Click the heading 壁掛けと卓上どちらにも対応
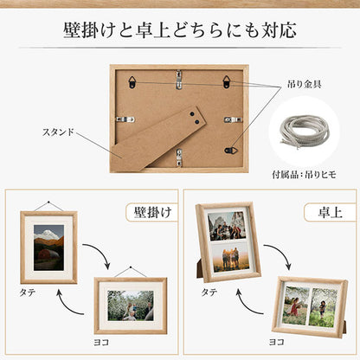[x=180, y=30]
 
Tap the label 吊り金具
[x=305, y=84]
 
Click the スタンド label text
[x=58, y=132]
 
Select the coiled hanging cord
[x=305, y=132]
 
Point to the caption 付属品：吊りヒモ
[x=304, y=175]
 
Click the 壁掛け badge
[x=152, y=212]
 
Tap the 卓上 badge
[x=330, y=212]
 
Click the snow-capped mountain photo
[x=48, y=247]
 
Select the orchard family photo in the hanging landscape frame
[x=131, y=305]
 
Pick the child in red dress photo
[x=296, y=305]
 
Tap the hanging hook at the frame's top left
[x=132, y=82]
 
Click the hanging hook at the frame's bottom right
[x=231, y=150]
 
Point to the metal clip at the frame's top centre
[x=179, y=80]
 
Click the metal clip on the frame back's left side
[x=125, y=119]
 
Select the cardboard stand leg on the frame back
[x=158, y=139]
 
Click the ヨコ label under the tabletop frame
[x=277, y=342]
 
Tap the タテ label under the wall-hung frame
[x=28, y=292]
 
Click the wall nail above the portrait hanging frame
[x=48, y=202]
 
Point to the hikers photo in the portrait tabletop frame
[x=227, y=226]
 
